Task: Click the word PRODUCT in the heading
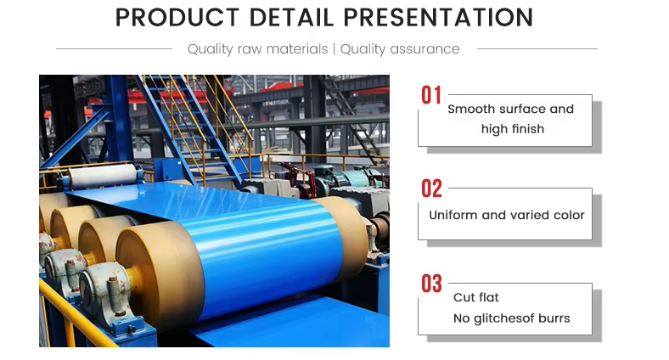point(177,18)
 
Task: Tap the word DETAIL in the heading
point(290,18)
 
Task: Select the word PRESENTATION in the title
point(438,18)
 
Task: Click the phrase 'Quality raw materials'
point(258,49)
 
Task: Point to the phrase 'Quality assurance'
point(400,49)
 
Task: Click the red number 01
point(431,95)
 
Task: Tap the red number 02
point(431,188)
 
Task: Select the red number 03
point(431,284)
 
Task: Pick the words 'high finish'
point(513,129)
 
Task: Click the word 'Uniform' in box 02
point(453,215)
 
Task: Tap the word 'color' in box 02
point(569,215)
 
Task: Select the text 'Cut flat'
point(475,297)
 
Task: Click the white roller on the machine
point(104,175)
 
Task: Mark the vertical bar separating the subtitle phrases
point(334,49)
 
